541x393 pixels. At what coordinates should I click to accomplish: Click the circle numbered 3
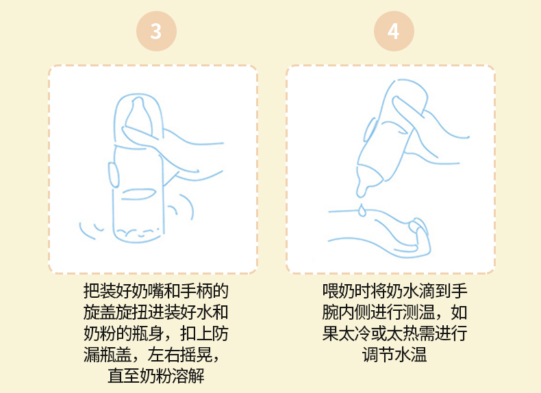click(156, 31)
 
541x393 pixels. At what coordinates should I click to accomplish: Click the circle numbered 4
click(394, 31)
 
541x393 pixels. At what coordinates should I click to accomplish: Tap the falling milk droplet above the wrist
click(362, 210)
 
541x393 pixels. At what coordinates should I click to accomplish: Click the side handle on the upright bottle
click(114, 175)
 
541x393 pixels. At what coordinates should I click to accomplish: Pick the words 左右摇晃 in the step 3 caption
click(179, 355)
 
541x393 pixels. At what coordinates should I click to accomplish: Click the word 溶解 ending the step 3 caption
click(188, 375)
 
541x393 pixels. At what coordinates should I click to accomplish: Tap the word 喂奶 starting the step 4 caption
click(338, 291)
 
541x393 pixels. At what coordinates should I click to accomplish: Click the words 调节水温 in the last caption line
click(394, 355)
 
